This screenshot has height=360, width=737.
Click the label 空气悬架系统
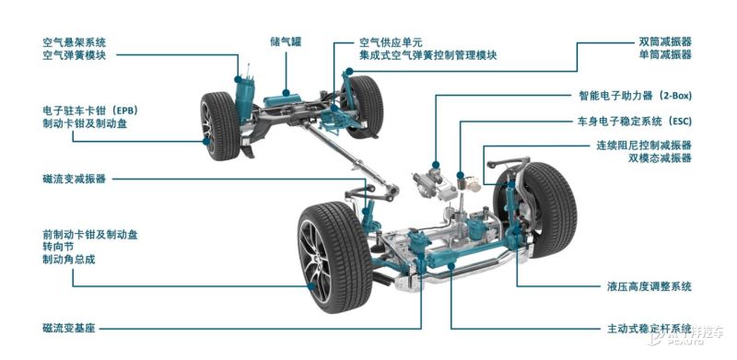click(x=75, y=42)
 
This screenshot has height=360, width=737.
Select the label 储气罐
click(x=287, y=42)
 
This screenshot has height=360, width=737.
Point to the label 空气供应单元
click(x=391, y=42)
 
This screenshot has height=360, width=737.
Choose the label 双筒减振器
click(x=665, y=42)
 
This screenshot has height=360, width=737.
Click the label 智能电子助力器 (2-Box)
click(x=635, y=95)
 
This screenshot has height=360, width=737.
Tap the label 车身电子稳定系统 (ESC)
click(x=635, y=122)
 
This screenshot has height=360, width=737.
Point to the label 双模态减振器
click(x=659, y=159)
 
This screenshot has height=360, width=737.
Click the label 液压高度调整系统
click(x=649, y=286)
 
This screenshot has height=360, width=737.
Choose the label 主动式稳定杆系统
click(x=649, y=329)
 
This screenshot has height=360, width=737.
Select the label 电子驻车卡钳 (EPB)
click(x=90, y=109)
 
